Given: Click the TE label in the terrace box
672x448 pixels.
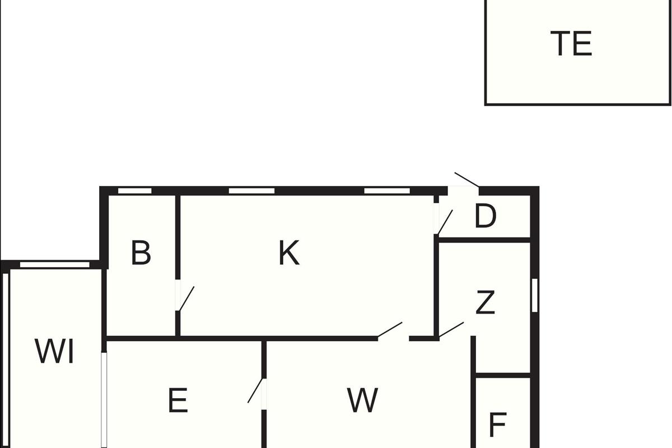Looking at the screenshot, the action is click(x=571, y=44).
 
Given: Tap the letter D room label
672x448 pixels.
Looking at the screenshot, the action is click(x=486, y=216).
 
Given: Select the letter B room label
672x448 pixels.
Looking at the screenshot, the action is click(x=141, y=253).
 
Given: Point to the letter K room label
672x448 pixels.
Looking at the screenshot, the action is click(x=289, y=253).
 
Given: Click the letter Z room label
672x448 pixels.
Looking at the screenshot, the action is click(x=486, y=302).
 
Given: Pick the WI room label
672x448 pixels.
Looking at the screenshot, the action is click(x=54, y=351).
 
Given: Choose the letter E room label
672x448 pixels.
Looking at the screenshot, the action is click(x=178, y=400).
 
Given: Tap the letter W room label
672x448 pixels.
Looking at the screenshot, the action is click(x=362, y=400).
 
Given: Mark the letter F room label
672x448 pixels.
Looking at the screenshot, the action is click(x=498, y=425).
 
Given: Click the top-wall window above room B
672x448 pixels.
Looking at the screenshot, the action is click(x=135, y=191).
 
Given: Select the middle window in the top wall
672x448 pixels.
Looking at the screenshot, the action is click(x=251, y=191).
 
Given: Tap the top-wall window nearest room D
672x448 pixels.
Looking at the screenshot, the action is click(x=387, y=191).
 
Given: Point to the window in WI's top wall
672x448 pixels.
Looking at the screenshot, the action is click(x=55, y=265).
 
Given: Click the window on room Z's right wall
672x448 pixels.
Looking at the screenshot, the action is click(x=535, y=295).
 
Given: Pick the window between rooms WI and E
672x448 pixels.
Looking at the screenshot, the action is click(x=104, y=400).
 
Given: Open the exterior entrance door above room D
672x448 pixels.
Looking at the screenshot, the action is click(x=466, y=179).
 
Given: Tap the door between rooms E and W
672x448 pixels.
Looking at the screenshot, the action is click(x=255, y=390).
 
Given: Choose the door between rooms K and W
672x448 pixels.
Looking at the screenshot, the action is click(x=390, y=329).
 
